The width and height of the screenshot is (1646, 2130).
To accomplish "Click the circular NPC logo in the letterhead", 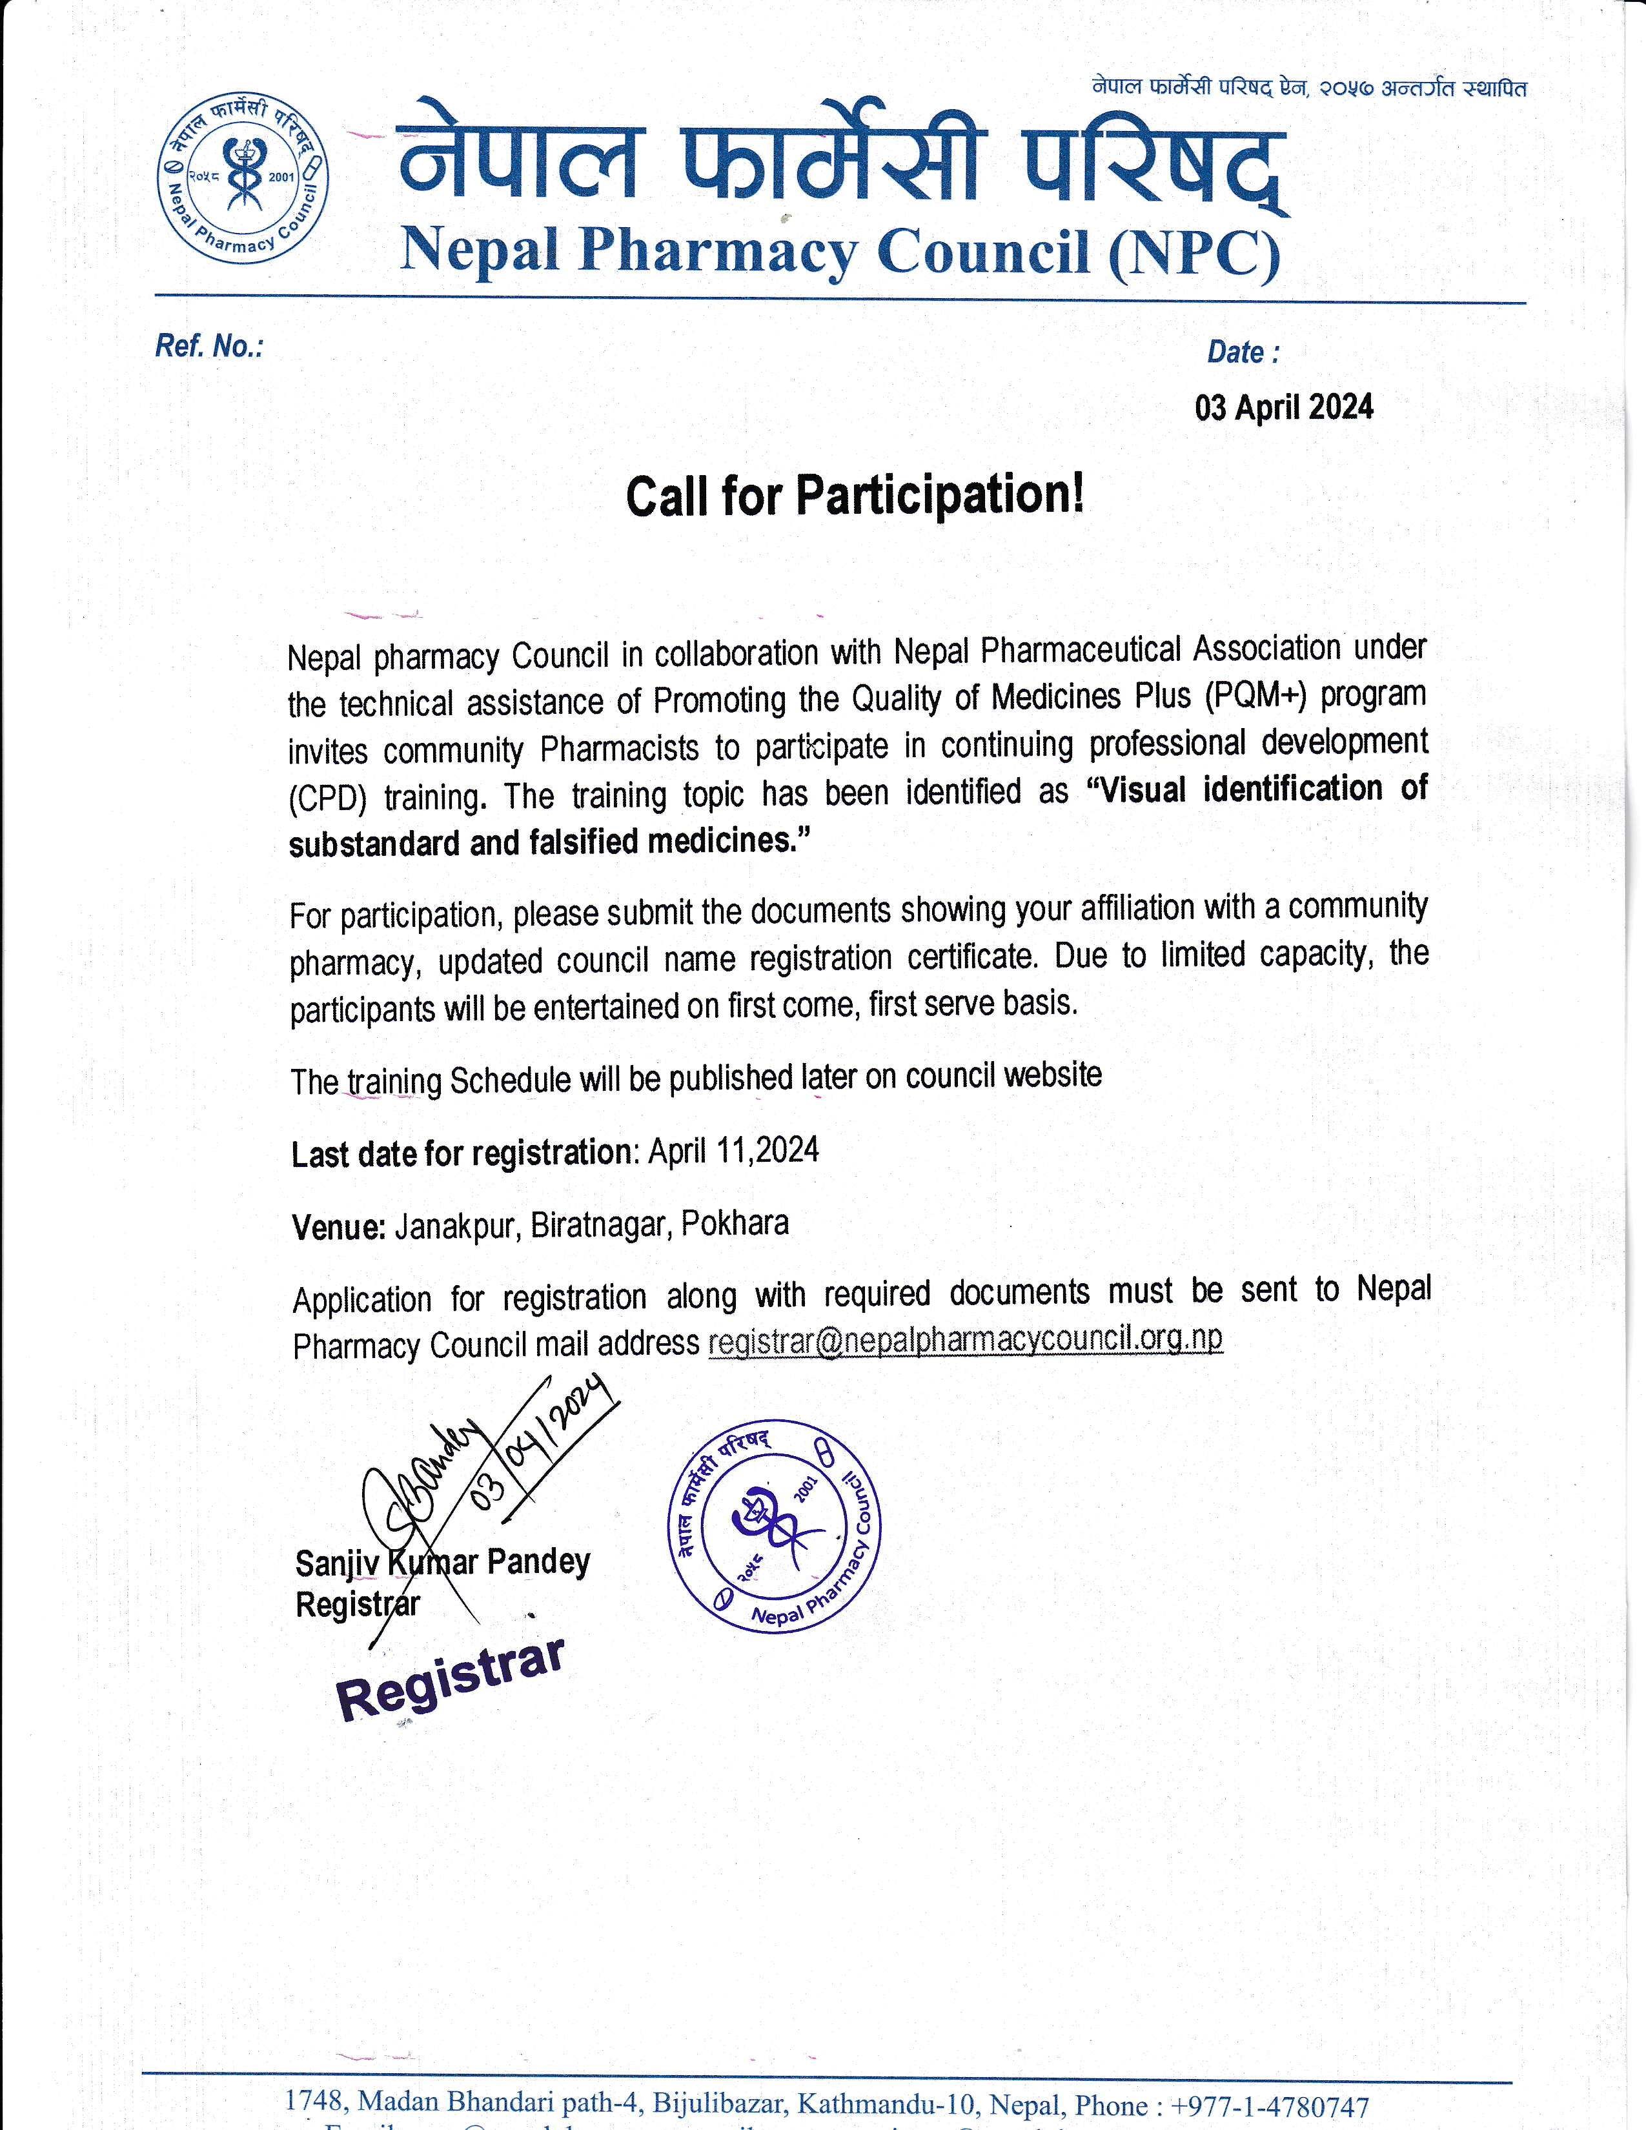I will (243, 181).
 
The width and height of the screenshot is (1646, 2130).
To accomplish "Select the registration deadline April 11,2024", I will (733, 1151).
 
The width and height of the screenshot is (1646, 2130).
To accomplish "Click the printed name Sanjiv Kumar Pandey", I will (443, 1563).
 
